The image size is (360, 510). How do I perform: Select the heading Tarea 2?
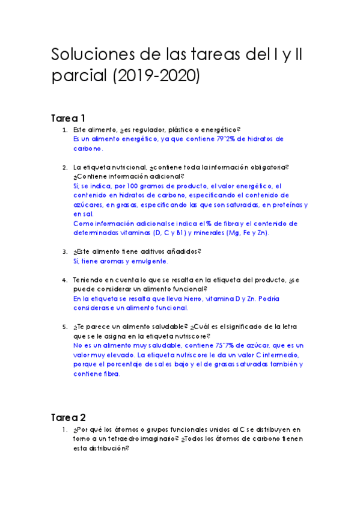tap(69, 416)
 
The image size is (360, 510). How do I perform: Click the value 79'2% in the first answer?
tap(218, 139)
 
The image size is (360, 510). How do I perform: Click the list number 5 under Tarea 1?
tap(65, 327)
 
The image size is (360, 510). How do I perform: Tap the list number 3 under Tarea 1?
tap(65, 252)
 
